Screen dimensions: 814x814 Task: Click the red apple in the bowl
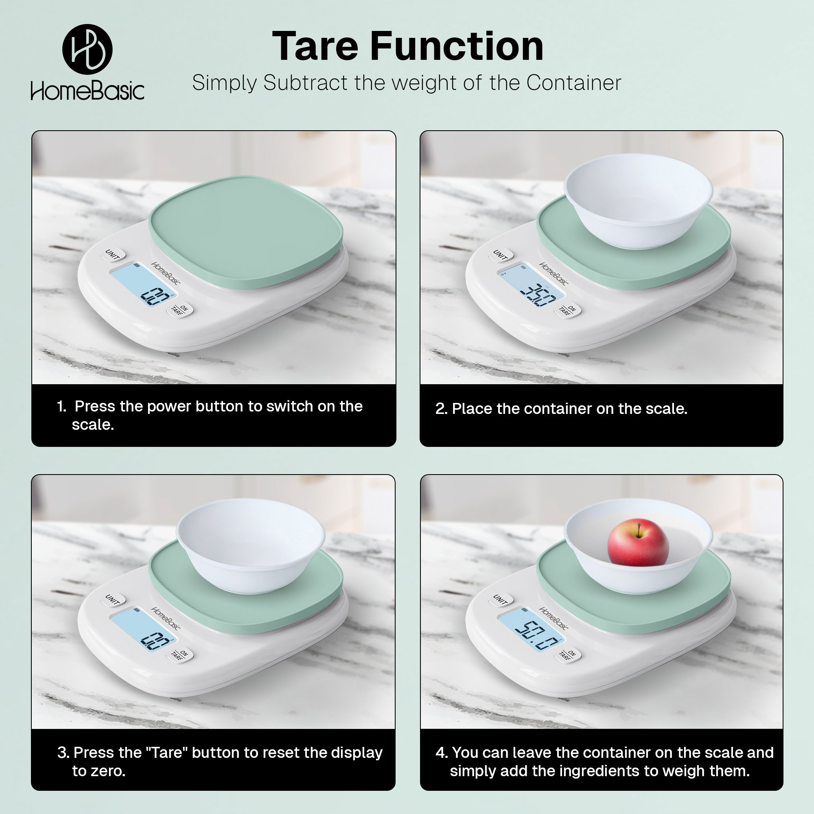click(638, 542)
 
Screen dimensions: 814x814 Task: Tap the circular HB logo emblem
click(87, 49)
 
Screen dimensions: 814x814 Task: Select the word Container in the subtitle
click(573, 83)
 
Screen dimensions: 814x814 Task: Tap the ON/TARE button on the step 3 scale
click(179, 655)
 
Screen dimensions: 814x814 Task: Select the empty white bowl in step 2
click(638, 201)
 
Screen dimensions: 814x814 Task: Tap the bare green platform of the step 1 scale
click(246, 231)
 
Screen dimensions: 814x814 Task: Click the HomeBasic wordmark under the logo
click(87, 91)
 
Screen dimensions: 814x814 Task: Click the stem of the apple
click(639, 529)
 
